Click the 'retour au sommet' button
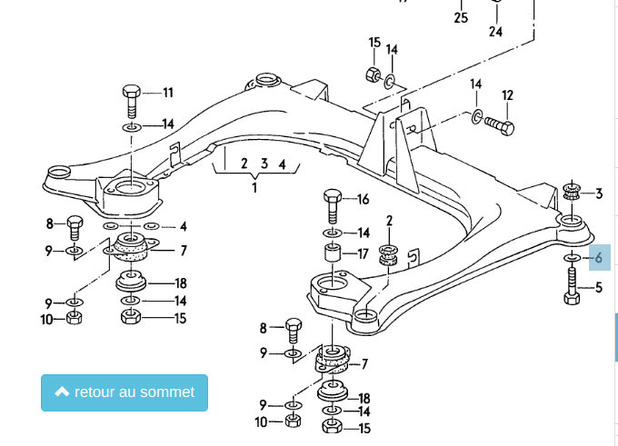125,392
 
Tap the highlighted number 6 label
599,258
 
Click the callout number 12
508,95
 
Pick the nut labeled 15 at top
372,73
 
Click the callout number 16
364,200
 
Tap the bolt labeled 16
332,204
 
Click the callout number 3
599,193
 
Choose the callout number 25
461,17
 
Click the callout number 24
495,31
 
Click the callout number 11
168,93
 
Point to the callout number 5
599,288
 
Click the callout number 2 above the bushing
389,221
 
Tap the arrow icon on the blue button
62,392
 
